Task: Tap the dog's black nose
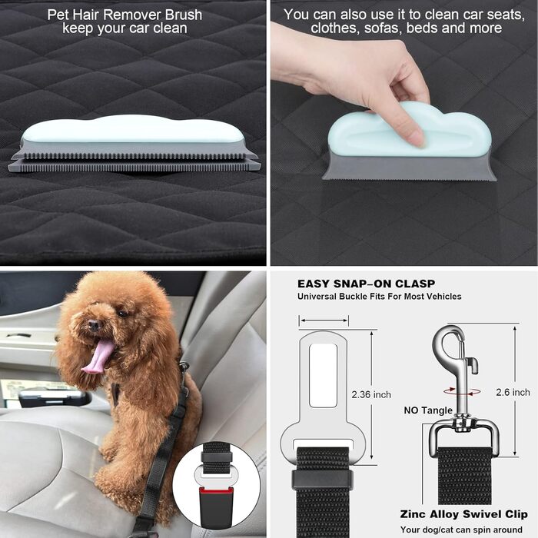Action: click(x=93, y=324)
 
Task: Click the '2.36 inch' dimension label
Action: click(x=371, y=394)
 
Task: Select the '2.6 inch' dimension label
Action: click(x=513, y=392)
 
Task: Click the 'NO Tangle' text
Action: click(x=428, y=410)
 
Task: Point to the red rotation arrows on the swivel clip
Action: click(x=462, y=391)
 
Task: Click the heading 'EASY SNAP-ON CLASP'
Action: click(x=366, y=284)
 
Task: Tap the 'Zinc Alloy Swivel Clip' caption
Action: click(x=464, y=514)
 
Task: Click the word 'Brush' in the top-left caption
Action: click(x=184, y=15)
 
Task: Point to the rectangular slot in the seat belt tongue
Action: click(x=323, y=375)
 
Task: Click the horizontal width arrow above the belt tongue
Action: click(x=324, y=320)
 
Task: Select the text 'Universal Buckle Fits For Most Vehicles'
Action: click(x=379, y=297)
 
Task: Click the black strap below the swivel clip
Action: click(x=464, y=476)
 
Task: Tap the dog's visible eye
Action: click(x=121, y=314)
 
